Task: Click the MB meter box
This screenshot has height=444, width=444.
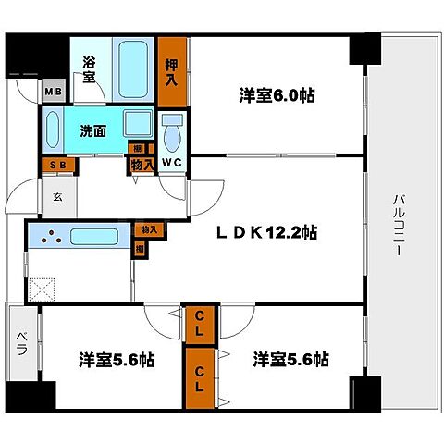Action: [53, 93]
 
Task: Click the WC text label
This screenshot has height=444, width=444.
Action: [171, 166]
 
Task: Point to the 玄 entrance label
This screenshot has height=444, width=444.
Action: [56, 195]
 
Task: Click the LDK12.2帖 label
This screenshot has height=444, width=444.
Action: [267, 232]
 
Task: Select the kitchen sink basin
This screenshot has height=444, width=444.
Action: [101, 237]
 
